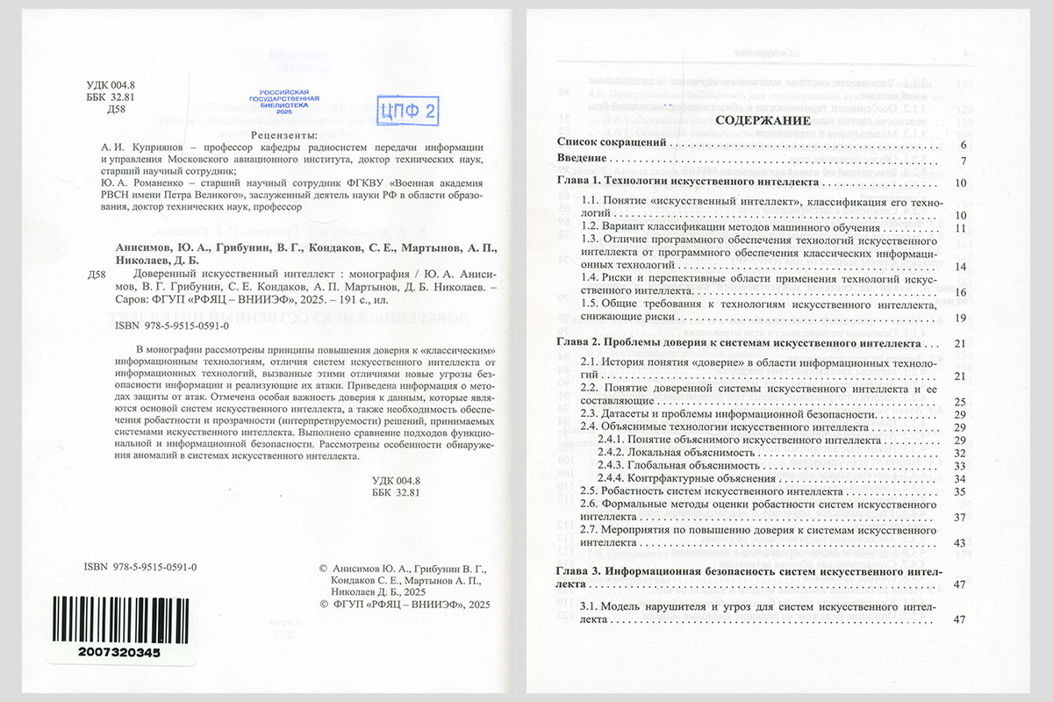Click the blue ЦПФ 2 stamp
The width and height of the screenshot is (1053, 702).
click(406, 110)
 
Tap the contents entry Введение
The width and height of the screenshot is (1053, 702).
click(582, 159)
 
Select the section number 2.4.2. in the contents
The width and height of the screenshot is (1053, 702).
click(611, 453)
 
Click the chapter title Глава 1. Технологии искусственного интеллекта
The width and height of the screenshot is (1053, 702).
click(688, 183)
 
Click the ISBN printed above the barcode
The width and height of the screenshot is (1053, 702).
click(140, 567)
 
